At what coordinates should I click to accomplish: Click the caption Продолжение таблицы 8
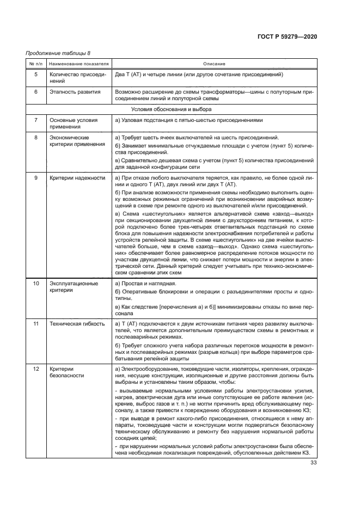tap(58, 53)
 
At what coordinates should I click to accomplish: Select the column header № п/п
tap(35, 64)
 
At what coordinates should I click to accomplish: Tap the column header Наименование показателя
tap(78, 64)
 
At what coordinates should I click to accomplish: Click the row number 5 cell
tap(36, 74)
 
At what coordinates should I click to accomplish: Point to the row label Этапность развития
tap(75, 91)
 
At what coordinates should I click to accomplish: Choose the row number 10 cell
tap(36, 284)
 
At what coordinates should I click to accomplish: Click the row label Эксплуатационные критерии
tap(74, 287)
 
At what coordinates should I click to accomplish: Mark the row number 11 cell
tap(36, 324)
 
